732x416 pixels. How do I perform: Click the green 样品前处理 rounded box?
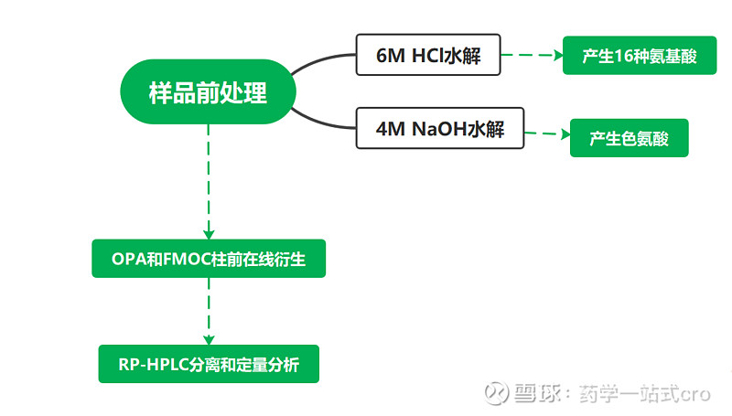pos(208,92)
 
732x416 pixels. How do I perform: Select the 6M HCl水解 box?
pos(430,56)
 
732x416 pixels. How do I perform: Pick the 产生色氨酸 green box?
pos(629,139)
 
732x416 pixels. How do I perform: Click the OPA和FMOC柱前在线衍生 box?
pos(208,259)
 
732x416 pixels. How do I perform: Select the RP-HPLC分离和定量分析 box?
pos(208,364)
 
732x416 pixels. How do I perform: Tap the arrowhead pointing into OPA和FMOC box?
pos(209,233)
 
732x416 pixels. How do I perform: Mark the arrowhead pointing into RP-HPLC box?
pos(209,337)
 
